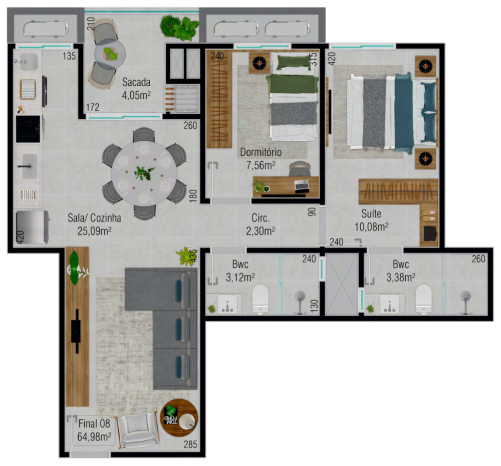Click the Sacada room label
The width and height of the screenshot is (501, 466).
[x=136, y=88]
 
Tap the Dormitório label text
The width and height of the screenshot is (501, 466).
[x=261, y=158]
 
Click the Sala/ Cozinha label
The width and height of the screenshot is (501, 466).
[x=94, y=224]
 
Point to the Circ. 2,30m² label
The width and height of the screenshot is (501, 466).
[x=261, y=224]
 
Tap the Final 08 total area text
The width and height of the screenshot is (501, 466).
[x=94, y=430]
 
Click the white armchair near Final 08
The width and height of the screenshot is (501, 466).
[x=136, y=429]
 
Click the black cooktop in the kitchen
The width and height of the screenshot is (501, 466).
[x=28, y=129]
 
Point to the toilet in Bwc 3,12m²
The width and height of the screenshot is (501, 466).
[x=261, y=298]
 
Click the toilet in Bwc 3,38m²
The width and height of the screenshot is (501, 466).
[x=423, y=298]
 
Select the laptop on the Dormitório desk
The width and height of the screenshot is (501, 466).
[x=301, y=185]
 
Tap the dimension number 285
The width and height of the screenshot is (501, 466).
[x=190, y=444]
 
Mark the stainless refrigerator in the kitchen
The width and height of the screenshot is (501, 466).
[x=32, y=227]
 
